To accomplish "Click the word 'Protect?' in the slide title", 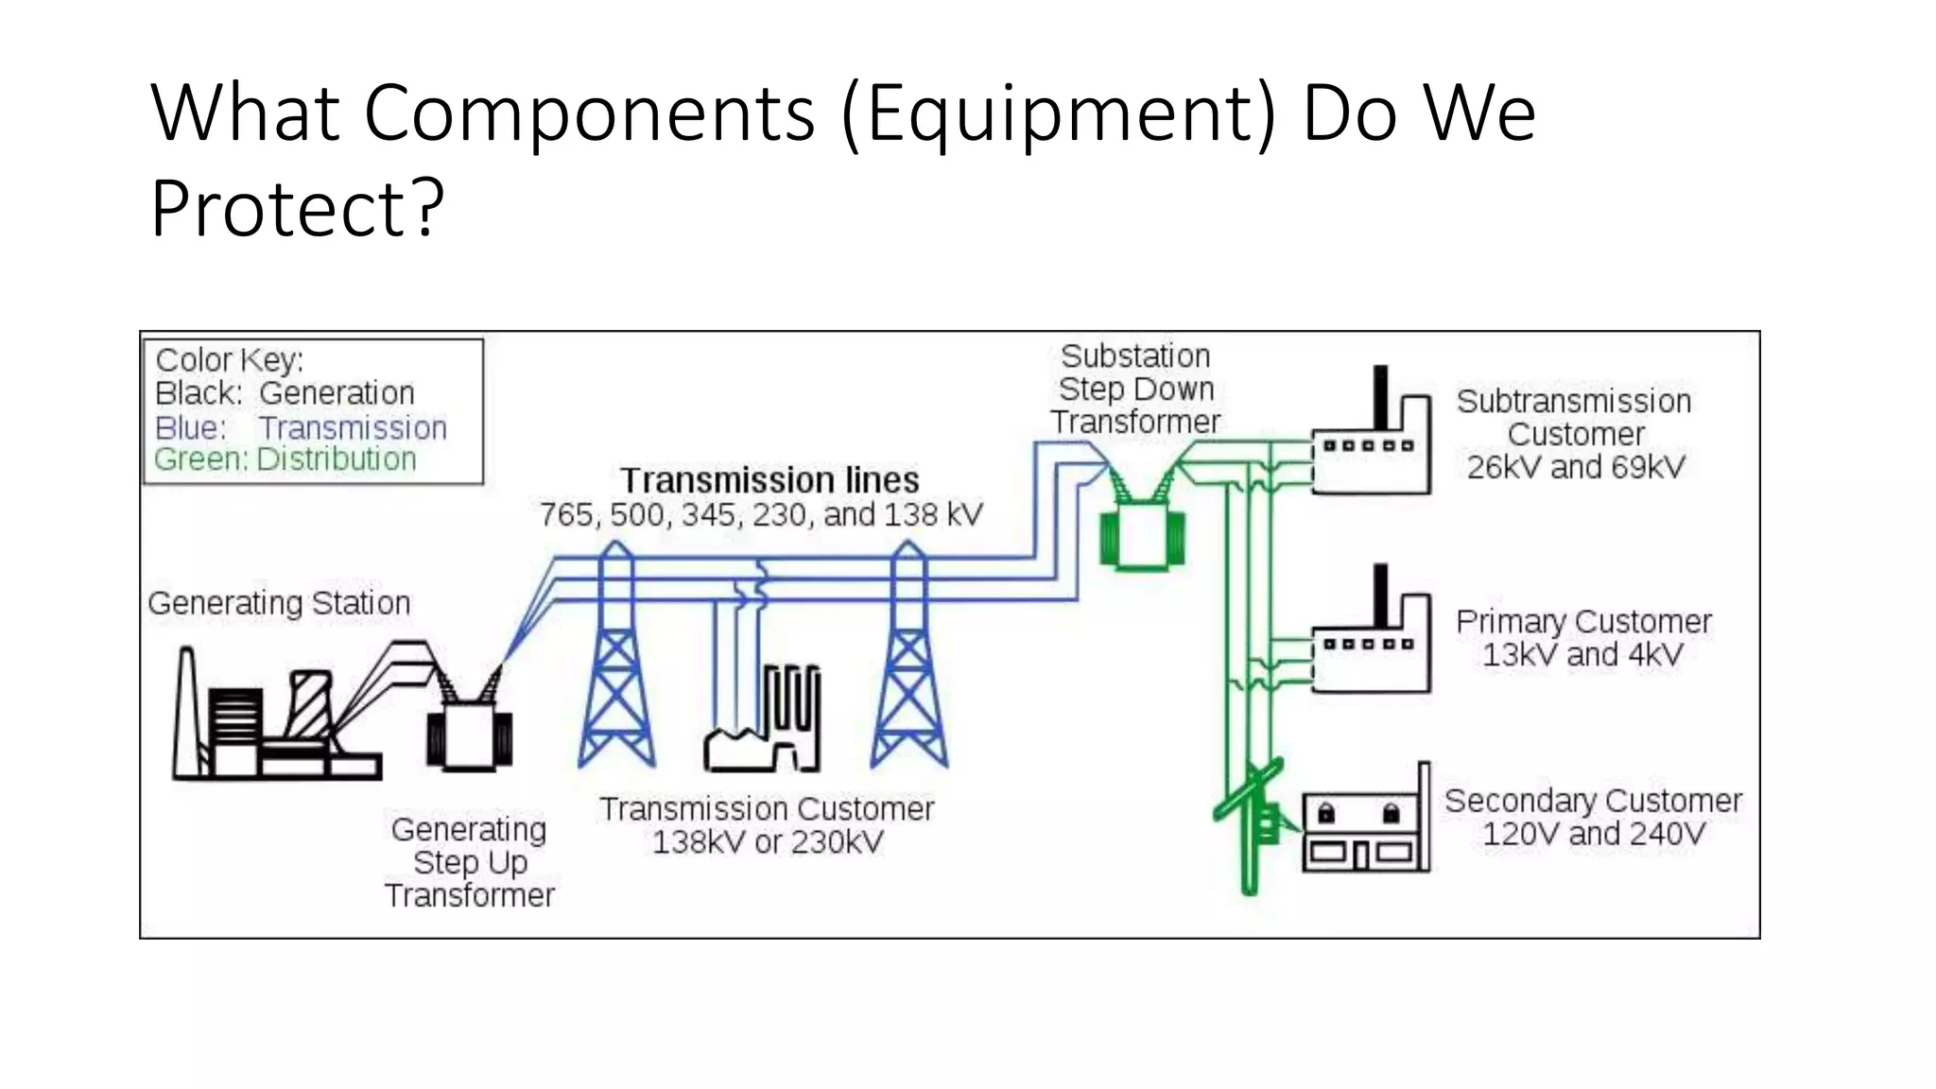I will (x=297, y=208).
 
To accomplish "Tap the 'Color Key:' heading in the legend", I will (x=229, y=360).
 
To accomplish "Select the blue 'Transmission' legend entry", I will (x=353, y=428).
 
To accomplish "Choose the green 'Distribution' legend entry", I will (x=336, y=459).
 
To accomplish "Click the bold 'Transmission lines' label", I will (x=769, y=480).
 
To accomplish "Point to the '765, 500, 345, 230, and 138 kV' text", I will (x=761, y=515).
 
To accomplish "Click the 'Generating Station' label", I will (x=279, y=603).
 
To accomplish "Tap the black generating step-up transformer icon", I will (x=469, y=732).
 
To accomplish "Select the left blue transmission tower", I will (x=616, y=662).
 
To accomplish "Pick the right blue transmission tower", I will (x=908, y=662).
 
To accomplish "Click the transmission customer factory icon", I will (x=764, y=723).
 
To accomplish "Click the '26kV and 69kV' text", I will (x=1575, y=467).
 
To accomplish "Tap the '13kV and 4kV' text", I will (x=1582, y=655).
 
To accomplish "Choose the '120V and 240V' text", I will (x=1593, y=835).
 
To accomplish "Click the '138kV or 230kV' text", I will (x=768, y=842).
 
